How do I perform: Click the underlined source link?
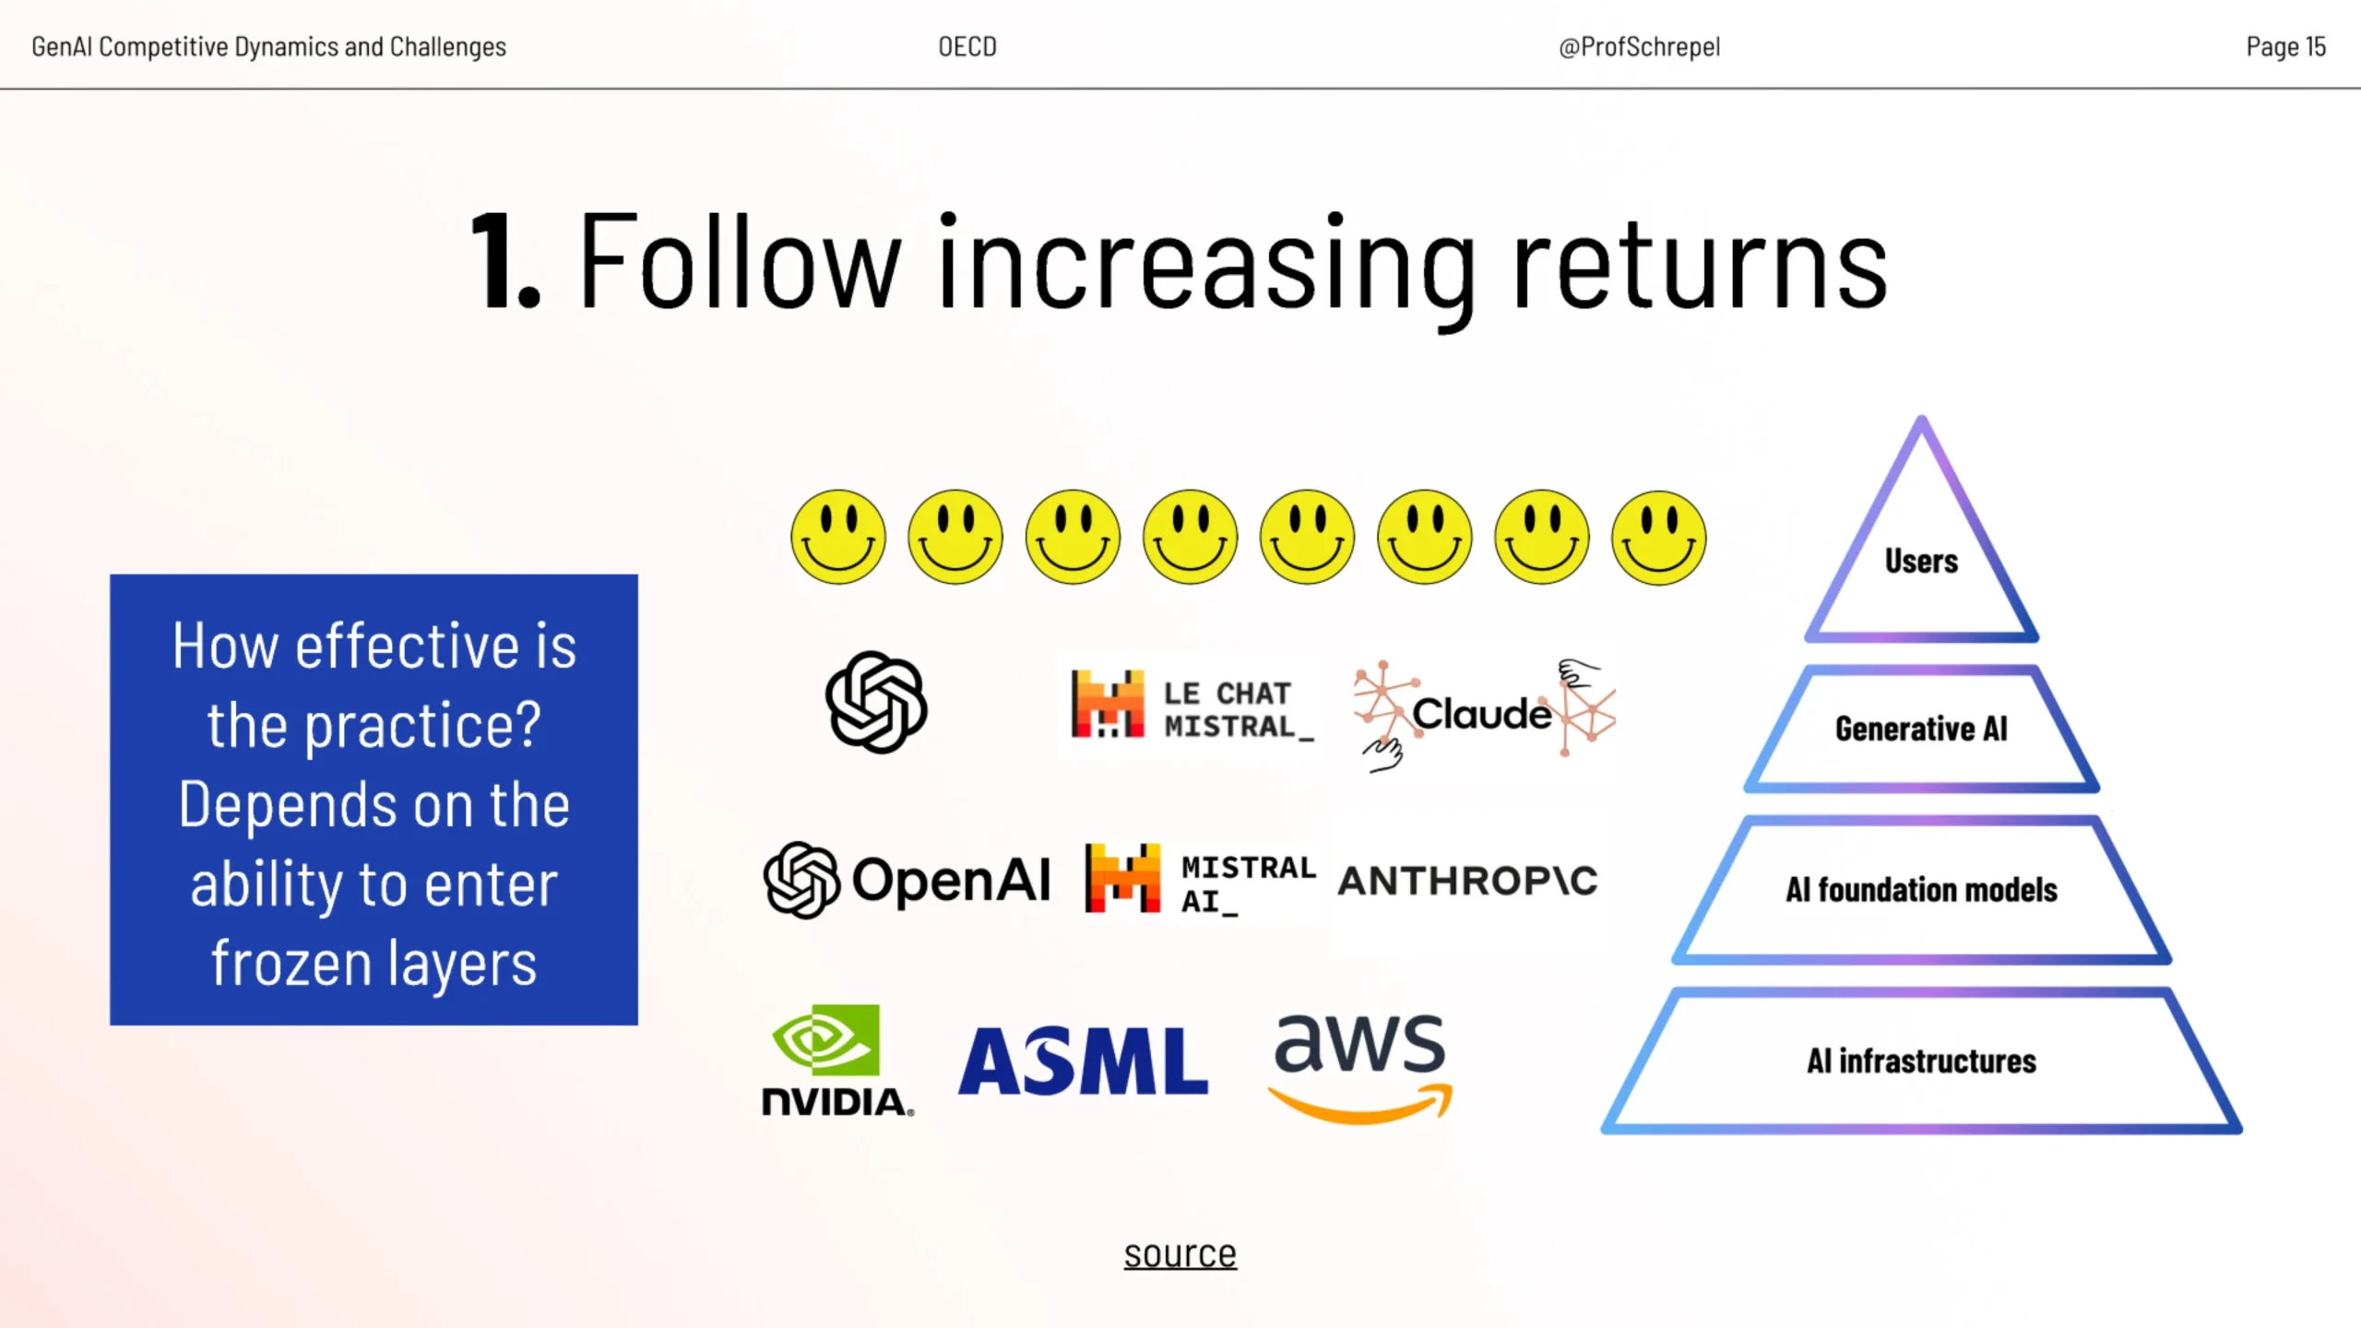[x=1180, y=1254]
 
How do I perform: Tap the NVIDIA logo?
[x=837, y=1061]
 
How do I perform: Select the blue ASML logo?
[x=1083, y=1061]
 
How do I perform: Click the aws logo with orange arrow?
[x=1359, y=1068]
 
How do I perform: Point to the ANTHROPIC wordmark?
[x=1467, y=881]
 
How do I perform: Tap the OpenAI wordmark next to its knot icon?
[x=951, y=880]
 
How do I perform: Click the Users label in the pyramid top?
[x=1921, y=561]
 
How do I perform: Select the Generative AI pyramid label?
[x=1921, y=729]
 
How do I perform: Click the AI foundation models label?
[x=1921, y=890]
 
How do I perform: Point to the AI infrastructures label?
[x=1921, y=1061]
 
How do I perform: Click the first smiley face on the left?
[x=838, y=537]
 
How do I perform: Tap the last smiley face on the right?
[x=1659, y=537]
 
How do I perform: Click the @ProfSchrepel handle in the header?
[x=1639, y=47]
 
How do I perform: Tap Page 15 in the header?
[x=2285, y=46]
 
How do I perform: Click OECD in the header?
[x=967, y=46]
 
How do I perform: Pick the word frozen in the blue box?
[x=291, y=963]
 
